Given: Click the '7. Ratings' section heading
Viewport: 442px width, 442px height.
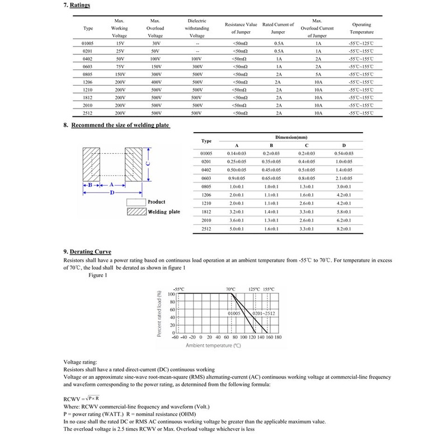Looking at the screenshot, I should tap(77, 5).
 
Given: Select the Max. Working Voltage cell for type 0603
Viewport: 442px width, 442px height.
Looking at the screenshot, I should tap(119, 66).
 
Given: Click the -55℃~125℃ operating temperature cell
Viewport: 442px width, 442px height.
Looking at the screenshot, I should tap(361, 43).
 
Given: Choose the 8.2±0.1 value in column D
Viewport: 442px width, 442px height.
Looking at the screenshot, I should tap(344, 229).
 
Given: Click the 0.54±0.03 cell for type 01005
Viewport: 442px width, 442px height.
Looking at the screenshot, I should tap(344, 153).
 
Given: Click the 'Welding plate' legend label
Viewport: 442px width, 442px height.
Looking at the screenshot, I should tap(163, 212).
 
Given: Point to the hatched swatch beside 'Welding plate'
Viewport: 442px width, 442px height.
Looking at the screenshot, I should tap(136, 212).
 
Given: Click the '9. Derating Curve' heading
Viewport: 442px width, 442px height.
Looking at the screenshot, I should tap(88, 252).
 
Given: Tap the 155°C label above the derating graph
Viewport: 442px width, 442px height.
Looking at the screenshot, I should tap(269, 289).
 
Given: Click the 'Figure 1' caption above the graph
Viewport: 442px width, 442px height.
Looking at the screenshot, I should tap(97, 275).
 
